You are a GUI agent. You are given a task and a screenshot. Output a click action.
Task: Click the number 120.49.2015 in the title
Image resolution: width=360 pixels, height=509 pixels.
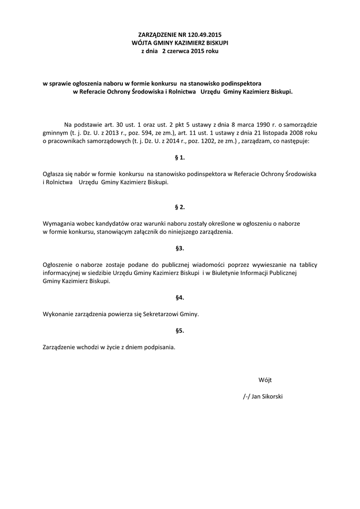pos(204,35)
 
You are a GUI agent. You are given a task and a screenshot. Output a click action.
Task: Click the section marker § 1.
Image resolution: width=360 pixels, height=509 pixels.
pos(180,158)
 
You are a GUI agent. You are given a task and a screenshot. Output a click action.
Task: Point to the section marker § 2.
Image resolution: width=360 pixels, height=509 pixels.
pos(180,207)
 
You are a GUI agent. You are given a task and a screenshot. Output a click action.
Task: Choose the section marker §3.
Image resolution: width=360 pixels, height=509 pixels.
pos(180,248)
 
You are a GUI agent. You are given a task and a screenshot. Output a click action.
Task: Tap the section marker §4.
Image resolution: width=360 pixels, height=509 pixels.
pos(180,297)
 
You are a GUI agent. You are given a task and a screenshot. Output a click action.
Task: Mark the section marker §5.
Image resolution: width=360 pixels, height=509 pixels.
pos(180,330)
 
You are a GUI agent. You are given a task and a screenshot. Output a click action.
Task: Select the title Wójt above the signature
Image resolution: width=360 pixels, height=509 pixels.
pos(265,380)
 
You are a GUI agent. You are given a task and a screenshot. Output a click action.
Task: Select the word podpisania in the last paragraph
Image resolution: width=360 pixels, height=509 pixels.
pos(160,347)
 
